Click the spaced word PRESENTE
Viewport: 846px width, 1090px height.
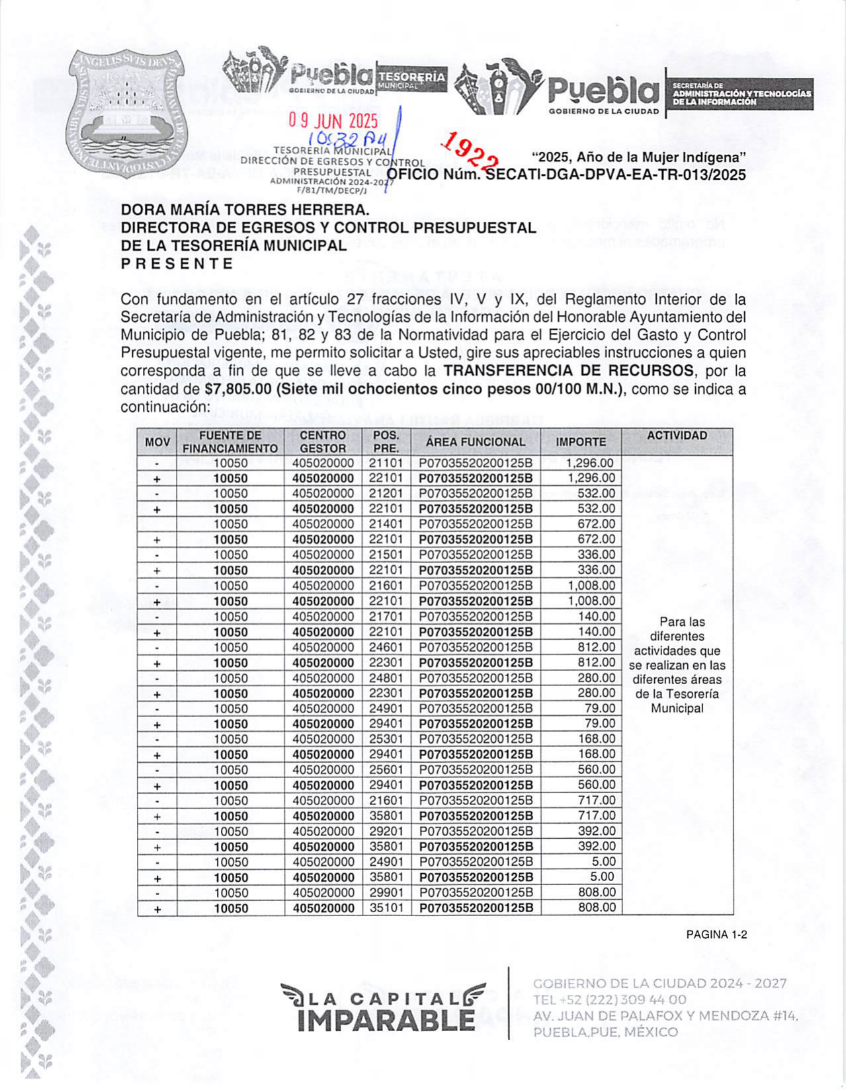pyautogui.click(x=177, y=264)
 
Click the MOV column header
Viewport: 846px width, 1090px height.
pyautogui.click(x=157, y=442)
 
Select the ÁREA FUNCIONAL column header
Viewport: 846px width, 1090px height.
pyautogui.click(x=475, y=442)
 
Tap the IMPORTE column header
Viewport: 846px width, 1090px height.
pyautogui.click(x=580, y=442)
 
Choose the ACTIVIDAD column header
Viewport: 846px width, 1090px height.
pyautogui.click(x=677, y=436)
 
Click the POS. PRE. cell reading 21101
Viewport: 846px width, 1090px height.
pyautogui.click(x=386, y=463)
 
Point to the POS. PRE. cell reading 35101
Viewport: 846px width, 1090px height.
pyautogui.click(x=386, y=908)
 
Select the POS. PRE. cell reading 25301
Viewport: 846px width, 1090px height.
pyautogui.click(x=386, y=739)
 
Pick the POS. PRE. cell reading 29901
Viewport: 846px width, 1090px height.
pyautogui.click(x=386, y=893)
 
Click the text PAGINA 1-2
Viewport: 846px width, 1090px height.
pyautogui.click(x=716, y=935)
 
